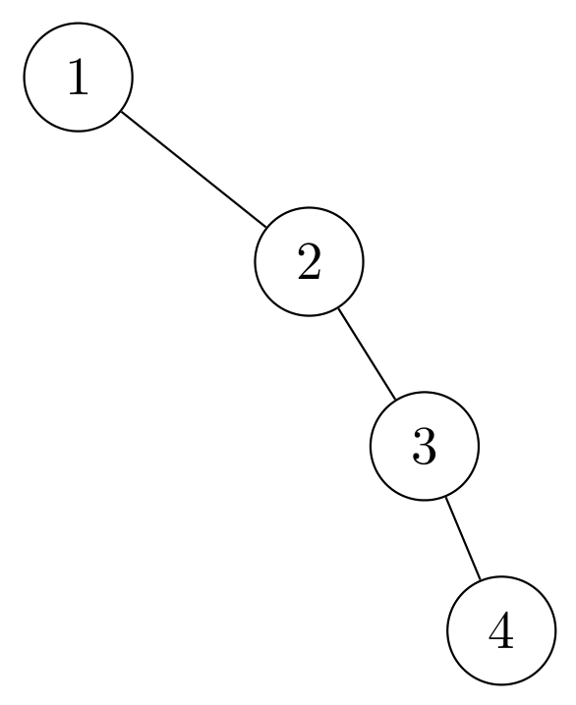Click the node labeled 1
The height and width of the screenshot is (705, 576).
[x=78, y=77]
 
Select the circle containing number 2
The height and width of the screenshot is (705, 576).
[x=309, y=262]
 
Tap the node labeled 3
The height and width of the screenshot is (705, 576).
[x=424, y=447]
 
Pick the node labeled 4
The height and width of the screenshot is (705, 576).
[x=500, y=630]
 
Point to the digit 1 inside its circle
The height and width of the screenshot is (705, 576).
[x=78, y=77]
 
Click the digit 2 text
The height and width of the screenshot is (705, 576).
[x=309, y=262]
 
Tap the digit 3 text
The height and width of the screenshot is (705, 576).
[x=424, y=447]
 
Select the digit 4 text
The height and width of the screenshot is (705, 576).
[x=500, y=630]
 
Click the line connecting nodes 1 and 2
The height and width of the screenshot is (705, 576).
[x=194, y=170]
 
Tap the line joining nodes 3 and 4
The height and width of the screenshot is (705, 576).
[x=462, y=538]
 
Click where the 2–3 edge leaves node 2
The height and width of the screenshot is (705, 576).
[x=337, y=308]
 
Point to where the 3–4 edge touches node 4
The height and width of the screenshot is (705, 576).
[x=480, y=580]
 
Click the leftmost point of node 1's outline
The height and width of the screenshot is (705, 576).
[x=24, y=77]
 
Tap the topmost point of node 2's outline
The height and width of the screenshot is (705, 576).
[x=309, y=208]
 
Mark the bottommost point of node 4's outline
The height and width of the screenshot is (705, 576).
[x=500, y=684]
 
